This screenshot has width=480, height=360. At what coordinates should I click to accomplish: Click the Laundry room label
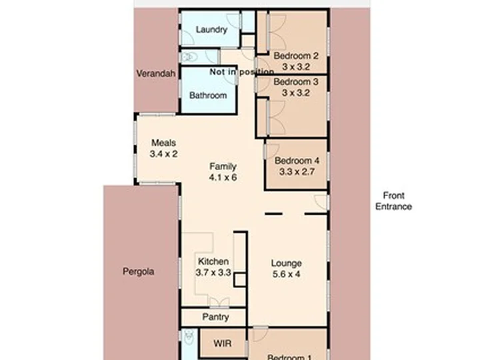211,30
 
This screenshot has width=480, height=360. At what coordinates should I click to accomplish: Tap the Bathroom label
208,95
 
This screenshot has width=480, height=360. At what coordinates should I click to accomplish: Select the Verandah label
156,73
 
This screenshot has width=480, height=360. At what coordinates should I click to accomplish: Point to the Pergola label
139,271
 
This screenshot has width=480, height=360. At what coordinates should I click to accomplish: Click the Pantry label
215,317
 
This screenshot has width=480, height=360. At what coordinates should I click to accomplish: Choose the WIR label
223,343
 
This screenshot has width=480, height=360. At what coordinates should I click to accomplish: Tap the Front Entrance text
394,201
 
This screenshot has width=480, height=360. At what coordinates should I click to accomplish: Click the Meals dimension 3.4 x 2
164,154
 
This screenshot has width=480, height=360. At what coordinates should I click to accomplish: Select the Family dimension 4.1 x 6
223,177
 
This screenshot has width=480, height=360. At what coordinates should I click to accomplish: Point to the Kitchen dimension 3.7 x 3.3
213,272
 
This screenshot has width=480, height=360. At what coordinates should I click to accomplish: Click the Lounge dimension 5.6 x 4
286,274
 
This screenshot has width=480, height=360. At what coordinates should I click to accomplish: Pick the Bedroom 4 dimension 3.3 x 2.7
297,171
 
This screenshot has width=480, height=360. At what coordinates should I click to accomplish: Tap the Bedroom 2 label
296,56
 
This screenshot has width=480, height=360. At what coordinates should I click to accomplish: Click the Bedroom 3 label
296,82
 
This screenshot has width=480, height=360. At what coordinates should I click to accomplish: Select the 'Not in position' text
242,72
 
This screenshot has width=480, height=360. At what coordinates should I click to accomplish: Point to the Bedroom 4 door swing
272,151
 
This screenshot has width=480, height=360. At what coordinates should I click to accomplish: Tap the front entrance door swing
321,202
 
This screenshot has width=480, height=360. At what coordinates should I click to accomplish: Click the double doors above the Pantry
219,302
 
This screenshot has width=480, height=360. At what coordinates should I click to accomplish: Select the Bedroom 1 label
289,357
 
